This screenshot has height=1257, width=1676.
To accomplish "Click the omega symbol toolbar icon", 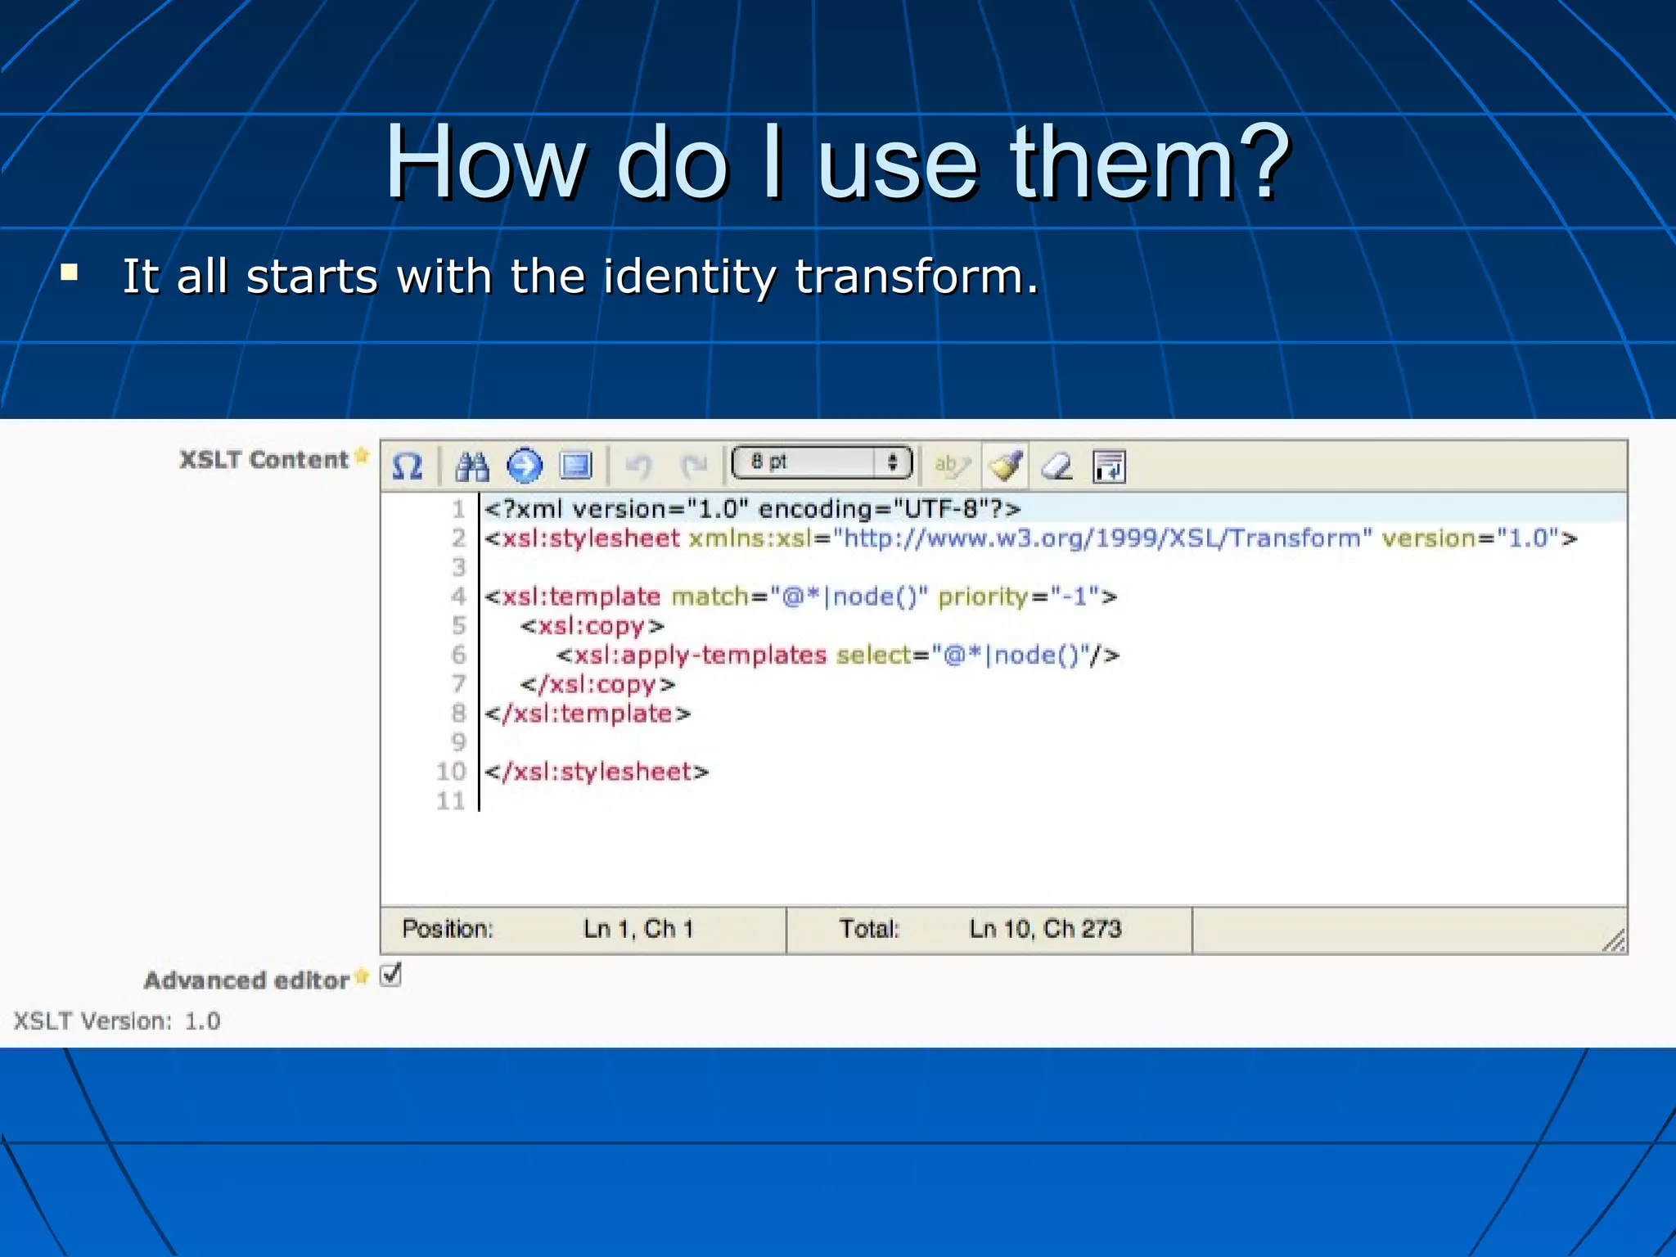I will [x=407, y=466].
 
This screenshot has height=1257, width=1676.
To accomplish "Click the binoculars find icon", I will [x=471, y=466].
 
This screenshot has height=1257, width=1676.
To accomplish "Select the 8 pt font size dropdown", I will [x=821, y=462].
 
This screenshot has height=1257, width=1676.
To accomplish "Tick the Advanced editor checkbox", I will [x=391, y=975].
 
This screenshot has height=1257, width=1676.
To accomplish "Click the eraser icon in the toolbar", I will [x=1057, y=466].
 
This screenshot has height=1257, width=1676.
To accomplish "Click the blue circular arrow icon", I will [x=525, y=466].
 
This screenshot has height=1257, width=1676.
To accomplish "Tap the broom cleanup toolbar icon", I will [x=1006, y=466].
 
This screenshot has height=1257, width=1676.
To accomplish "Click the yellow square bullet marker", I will [x=69, y=273].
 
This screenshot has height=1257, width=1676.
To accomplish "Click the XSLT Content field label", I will [x=264, y=460].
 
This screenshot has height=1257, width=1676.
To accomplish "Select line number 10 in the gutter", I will [x=451, y=772].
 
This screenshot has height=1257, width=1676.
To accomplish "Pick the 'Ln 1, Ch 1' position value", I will [x=638, y=929].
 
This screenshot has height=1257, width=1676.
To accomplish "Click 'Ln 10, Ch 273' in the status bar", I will [x=1045, y=929].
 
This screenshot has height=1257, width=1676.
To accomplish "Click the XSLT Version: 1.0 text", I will [x=117, y=1021].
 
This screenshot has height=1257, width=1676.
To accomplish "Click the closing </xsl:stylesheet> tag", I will [x=597, y=772].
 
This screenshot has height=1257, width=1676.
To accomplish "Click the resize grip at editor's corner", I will [x=1615, y=942].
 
